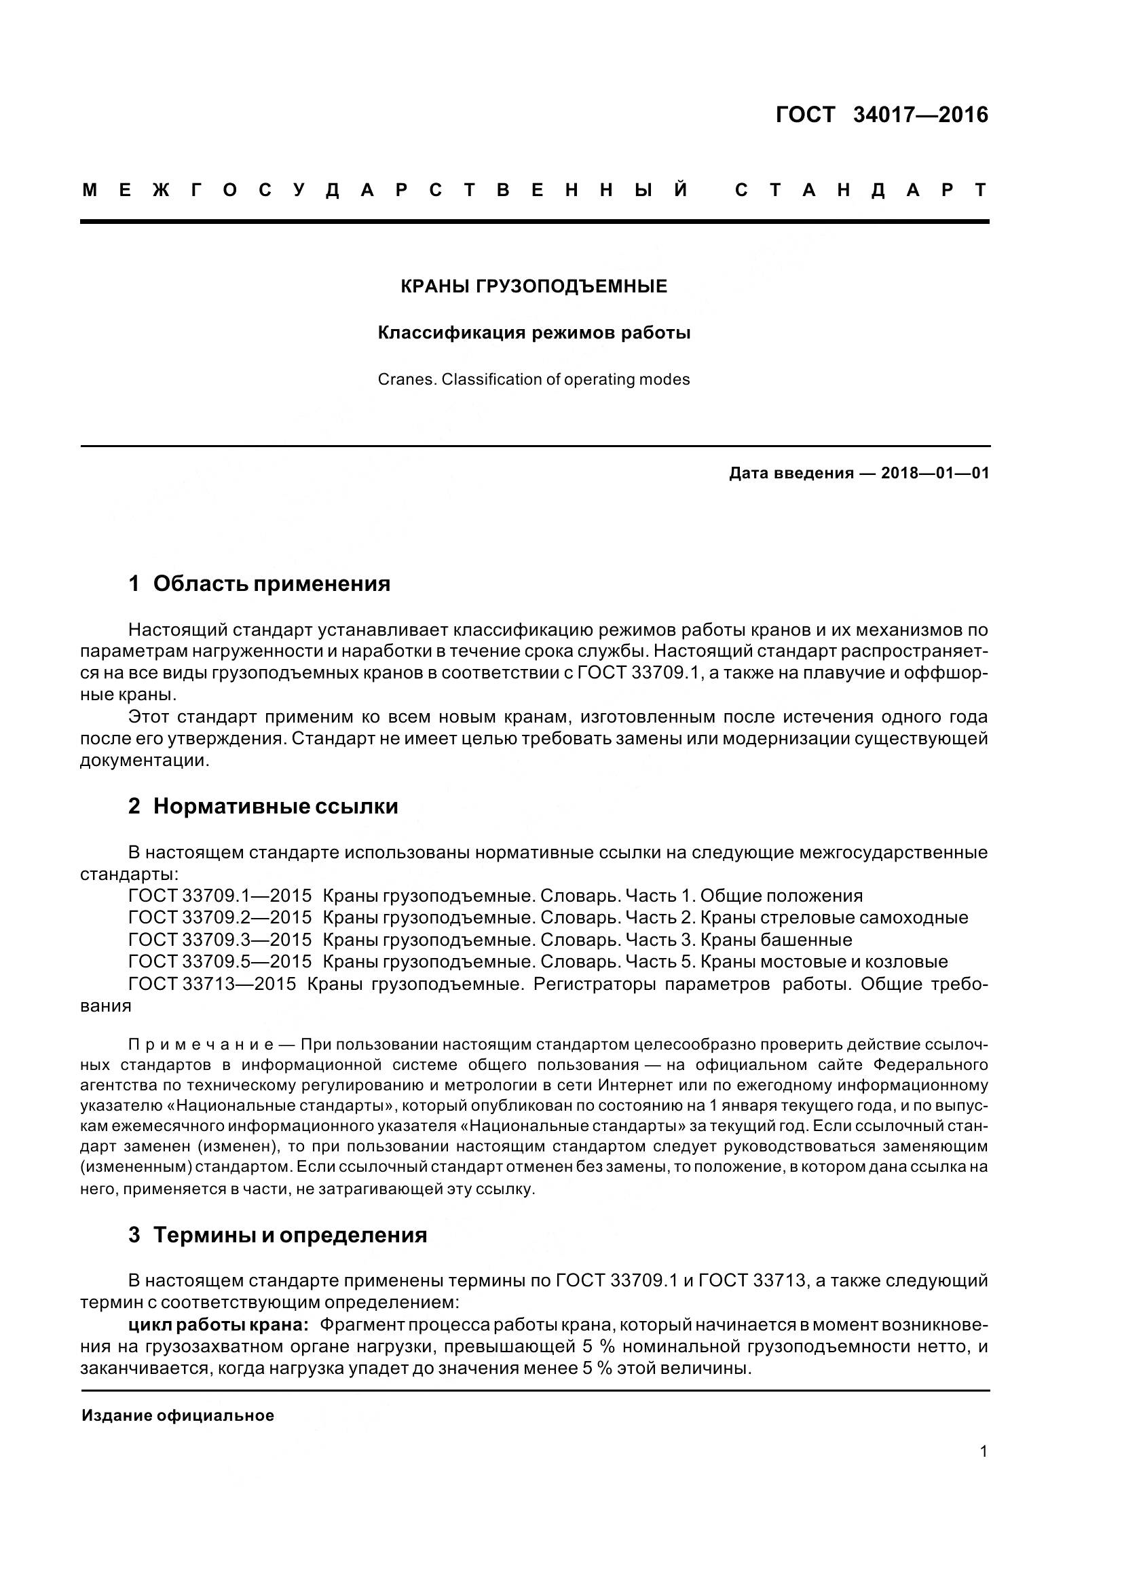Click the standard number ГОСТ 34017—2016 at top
click(x=882, y=115)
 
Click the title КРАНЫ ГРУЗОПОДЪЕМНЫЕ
click(x=534, y=286)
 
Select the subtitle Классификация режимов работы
click(x=534, y=333)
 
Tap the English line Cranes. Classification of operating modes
click(x=534, y=379)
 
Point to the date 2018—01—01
click(x=935, y=474)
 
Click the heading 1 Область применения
click(x=259, y=584)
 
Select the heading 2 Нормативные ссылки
click(x=263, y=806)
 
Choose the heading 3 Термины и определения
click(x=277, y=1234)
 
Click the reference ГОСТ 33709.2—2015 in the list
click(x=220, y=918)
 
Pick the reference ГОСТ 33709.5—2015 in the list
click(x=220, y=961)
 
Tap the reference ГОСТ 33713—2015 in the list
click(x=212, y=984)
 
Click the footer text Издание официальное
click(x=178, y=1415)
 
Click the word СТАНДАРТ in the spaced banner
click(x=861, y=190)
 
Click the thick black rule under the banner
click(x=534, y=221)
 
